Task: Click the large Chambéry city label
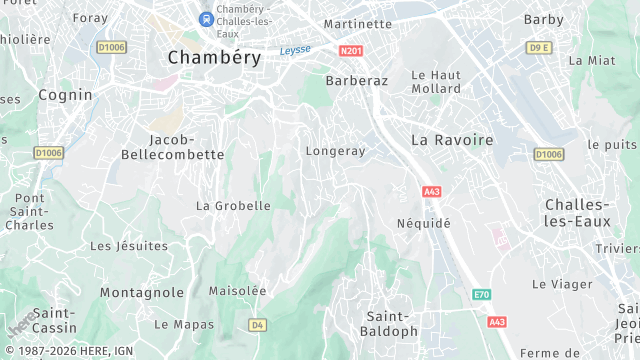click(x=214, y=57)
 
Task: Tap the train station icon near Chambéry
click(x=206, y=18)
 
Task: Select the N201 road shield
click(x=350, y=50)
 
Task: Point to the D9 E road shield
click(x=539, y=47)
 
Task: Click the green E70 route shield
click(x=482, y=294)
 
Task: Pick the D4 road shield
click(x=257, y=324)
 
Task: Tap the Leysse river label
click(x=295, y=49)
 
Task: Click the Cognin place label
click(x=65, y=95)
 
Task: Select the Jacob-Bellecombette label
click(x=172, y=147)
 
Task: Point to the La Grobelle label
click(x=233, y=206)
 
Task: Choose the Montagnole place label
click(x=141, y=293)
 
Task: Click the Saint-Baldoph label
click(x=391, y=323)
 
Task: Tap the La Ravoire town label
click(x=452, y=140)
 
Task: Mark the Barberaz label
click(x=356, y=80)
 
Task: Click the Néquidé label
click(x=423, y=223)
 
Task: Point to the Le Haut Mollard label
click(x=436, y=81)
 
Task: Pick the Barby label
click(x=543, y=19)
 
